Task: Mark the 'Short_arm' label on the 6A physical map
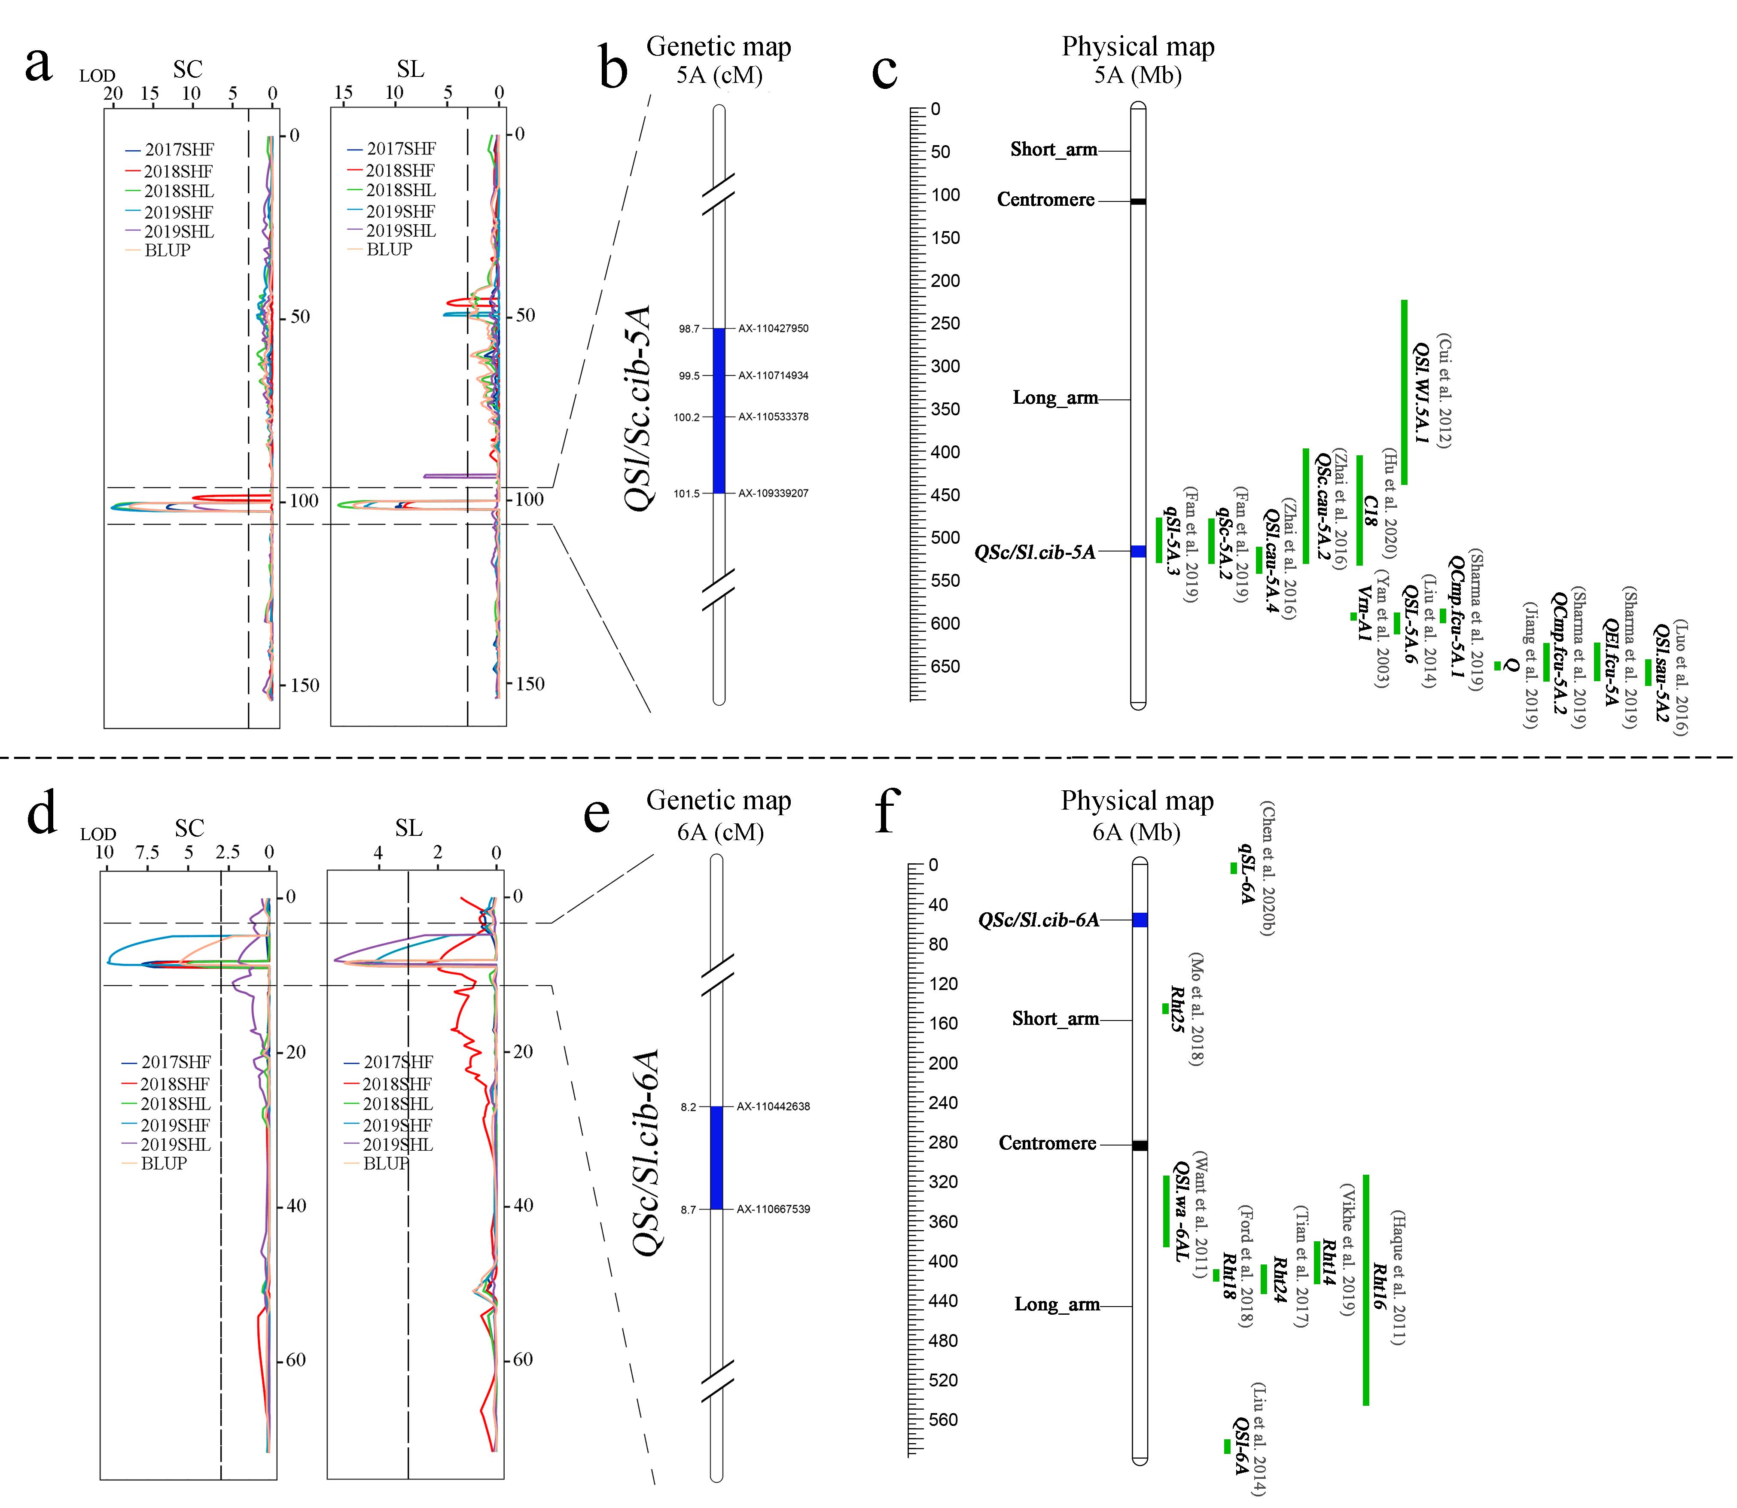1055,1019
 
